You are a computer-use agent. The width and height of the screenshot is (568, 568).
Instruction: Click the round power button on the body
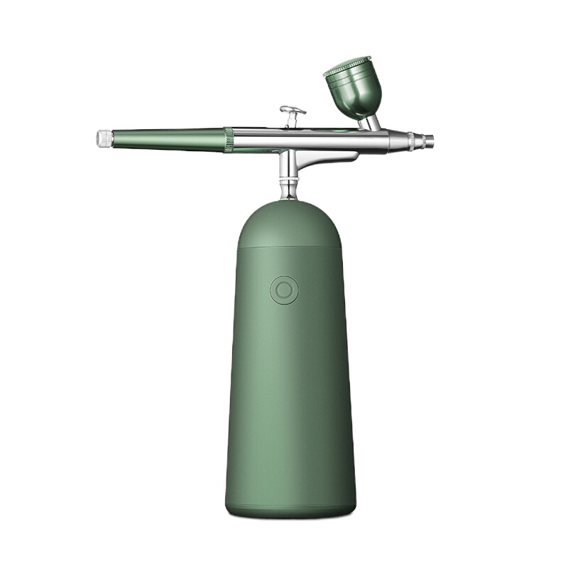[284, 290]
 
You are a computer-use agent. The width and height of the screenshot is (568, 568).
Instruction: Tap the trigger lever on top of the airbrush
[293, 111]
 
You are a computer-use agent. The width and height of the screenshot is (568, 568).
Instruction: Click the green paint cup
[354, 93]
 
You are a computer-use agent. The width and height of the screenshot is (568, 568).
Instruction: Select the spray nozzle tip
[430, 141]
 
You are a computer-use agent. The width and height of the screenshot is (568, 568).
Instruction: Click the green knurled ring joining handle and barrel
[228, 140]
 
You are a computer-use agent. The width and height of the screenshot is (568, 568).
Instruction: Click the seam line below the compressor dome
[289, 248]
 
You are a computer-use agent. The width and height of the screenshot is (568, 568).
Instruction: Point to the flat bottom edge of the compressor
[290, 513]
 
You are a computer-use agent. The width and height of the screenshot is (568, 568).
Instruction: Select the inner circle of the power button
[284, 290]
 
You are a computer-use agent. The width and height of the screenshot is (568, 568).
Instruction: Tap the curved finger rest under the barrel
[327, 159]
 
